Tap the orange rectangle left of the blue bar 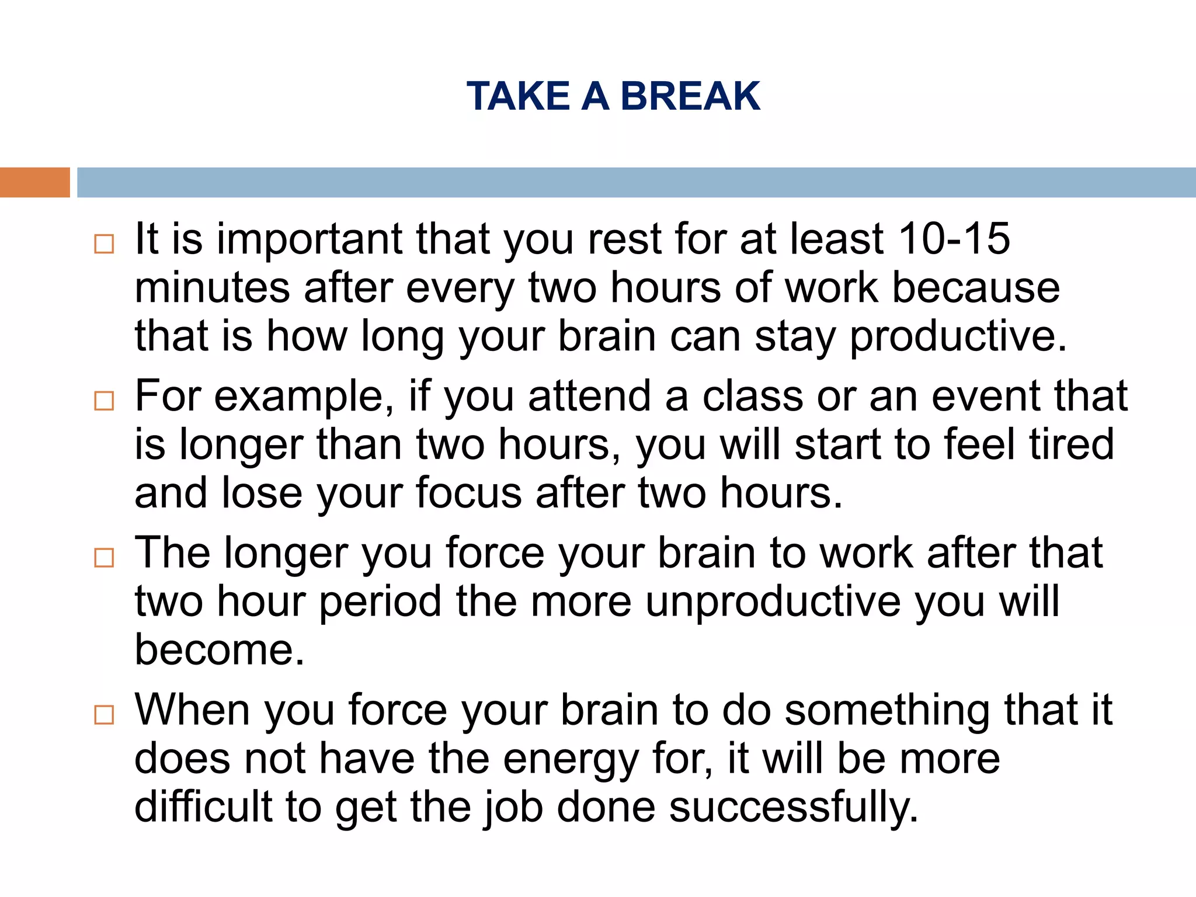(34, 182)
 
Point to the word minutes (212, 288)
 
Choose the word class (753, 396)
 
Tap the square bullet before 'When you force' (104, 715)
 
